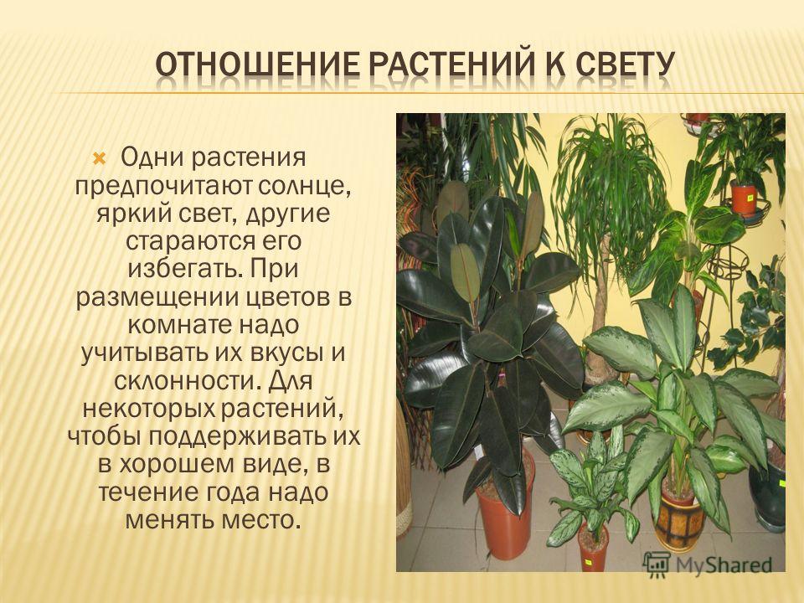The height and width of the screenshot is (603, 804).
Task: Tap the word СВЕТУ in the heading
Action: [623, 65]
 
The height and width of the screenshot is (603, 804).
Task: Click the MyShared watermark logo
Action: [707, 563]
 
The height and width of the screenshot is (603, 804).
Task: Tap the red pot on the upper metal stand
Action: [744, 198]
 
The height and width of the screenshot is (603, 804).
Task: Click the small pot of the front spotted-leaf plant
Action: [593, 549]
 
